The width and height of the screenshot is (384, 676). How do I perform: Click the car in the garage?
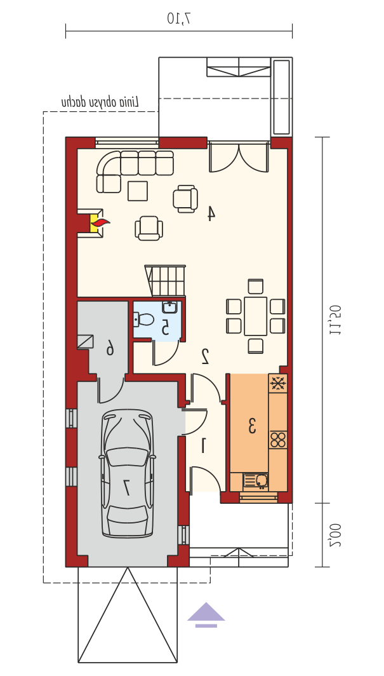[x=127, y=473]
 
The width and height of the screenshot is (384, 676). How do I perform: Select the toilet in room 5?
[x=144, y=320]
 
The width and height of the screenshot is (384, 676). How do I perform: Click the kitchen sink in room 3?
[x=256, y=480]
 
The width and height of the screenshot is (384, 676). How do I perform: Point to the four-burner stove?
[x=278, y=439]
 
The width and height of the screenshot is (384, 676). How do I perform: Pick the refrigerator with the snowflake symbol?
[x=278, y=383]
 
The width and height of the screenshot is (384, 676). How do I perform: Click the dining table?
[x=256, y=316]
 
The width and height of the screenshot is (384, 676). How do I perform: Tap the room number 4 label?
[x=211, y=213]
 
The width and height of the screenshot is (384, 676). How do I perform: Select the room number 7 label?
[x=127, y=487]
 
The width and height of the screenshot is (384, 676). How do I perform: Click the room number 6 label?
[x=110, y=347]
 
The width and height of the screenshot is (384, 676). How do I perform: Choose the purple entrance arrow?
[x=206, y=614]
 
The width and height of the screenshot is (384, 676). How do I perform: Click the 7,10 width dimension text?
[x=178, y=18]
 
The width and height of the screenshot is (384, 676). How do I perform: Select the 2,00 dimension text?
[x=335, y=535]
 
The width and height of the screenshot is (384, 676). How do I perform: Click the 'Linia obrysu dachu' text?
[x=100, y=102]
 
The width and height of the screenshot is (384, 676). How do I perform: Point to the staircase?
[x=165, y=281]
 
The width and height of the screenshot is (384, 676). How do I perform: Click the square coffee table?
[x=138, y=191]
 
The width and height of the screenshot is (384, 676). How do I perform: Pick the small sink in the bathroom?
[x=169, y=307]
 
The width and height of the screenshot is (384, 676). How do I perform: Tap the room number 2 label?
[x=206, y=356]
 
